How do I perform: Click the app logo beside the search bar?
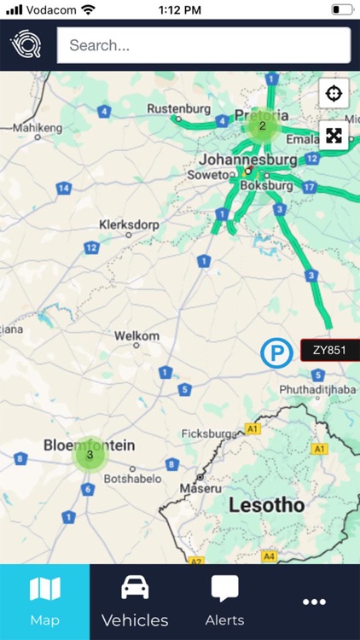click(x=26, y=45)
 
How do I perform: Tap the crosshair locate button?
click(x=334, y=92)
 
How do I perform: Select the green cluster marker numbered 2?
click(x=263, y=125)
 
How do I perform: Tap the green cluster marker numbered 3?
click(x=90, y=455)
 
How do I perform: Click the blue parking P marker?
click(x=276, y=352)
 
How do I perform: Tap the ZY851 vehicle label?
click(x=329, y=350)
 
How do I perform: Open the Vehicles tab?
click(x=135, y=602)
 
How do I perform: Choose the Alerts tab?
click(x=224, y=602)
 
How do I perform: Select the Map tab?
click(x=44, y=602)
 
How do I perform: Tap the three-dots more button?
click(x=314, y=602)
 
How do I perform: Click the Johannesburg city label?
click(x=248, y=159)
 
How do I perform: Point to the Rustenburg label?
click(x=177, y=108)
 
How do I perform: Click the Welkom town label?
click(x=137, y=335)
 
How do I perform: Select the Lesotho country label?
click(x=266, y=505)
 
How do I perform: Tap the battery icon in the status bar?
click(x=342, y=9)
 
